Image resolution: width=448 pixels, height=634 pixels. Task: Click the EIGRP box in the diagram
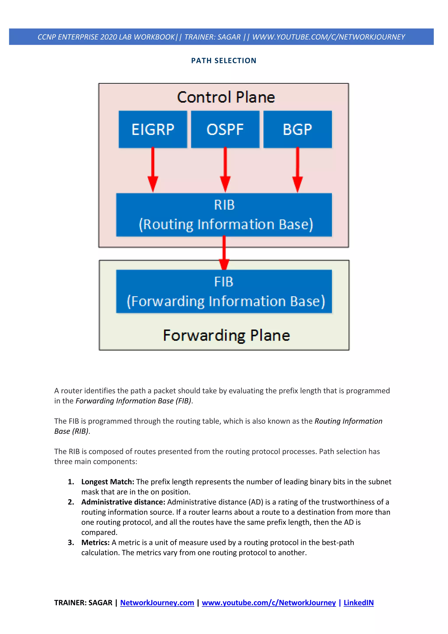(x=153, y=129)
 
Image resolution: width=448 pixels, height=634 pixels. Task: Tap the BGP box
(x=297, y=129)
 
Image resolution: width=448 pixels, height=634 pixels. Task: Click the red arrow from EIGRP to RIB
(x=153, y=170)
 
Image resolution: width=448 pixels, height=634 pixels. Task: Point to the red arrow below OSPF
(x=225, y=170)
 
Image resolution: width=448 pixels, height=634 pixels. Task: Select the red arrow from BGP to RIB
(x=297, y=170)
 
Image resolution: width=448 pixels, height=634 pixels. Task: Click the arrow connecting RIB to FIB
(x=224, y=253)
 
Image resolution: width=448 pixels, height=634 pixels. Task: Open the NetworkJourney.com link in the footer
(x=157, y=602)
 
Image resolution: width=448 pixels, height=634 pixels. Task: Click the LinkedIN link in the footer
(x=358, y=602)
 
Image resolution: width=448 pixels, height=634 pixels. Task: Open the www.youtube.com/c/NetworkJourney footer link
(x=269, y=602)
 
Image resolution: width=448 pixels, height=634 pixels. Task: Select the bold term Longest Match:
(x=108, y=482)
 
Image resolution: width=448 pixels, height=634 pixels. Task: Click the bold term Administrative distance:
(x=123, y=502)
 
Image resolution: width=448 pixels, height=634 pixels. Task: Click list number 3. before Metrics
(x=71, y=543)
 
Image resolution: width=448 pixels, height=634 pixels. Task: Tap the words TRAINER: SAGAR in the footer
(x=83, y=602)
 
